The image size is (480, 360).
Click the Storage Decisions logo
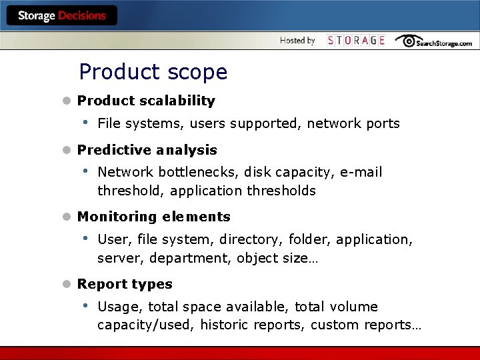click(61, 15)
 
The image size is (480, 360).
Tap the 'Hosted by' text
click(297, 41)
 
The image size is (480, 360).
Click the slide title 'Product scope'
click(153, 71)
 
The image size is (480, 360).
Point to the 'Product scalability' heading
click(146, 101)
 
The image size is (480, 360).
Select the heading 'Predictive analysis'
click(147, 150)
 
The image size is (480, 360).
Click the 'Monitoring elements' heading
click(153, 217)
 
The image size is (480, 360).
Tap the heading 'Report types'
click(125, 284)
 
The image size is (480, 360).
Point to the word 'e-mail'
click(361, 172)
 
